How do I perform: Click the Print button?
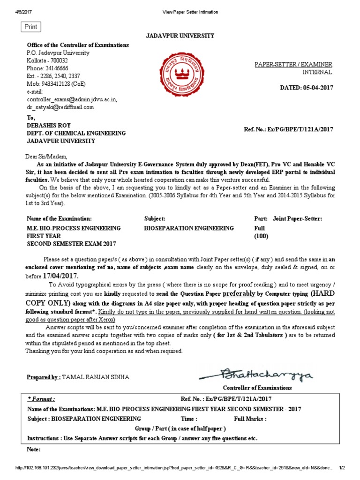click(31, 27)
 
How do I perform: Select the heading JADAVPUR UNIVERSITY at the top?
click(180, 36)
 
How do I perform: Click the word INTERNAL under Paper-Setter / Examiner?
click(317, 72)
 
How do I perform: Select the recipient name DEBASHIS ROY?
click(48, 126)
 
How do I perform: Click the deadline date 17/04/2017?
click(59, 276)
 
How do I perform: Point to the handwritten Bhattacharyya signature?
click(256, 375)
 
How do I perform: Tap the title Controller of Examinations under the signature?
click(257, 388)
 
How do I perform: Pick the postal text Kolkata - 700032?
click(47, 61)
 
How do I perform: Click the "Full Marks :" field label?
click(250, 419)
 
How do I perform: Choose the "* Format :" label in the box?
click(41, 399)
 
